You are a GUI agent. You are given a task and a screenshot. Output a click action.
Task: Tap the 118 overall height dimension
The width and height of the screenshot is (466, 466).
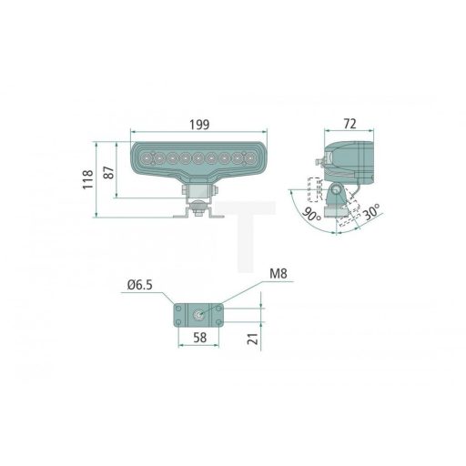point(87,179)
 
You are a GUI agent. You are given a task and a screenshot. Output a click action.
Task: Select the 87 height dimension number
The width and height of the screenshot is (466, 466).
point(110,173)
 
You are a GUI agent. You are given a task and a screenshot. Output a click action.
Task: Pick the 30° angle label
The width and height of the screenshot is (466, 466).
point(370,214)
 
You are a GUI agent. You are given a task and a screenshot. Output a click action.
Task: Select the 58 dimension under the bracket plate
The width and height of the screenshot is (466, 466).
point(199,337)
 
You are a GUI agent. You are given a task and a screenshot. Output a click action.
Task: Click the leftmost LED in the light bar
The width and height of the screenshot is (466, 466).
point(145,160)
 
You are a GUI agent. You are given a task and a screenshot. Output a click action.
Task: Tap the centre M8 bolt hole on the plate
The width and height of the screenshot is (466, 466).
point(198,314)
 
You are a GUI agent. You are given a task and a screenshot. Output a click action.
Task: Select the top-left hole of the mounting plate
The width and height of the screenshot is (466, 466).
point(177,309)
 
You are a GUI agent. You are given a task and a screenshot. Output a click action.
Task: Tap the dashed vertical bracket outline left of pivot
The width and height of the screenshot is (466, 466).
point(315,189)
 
